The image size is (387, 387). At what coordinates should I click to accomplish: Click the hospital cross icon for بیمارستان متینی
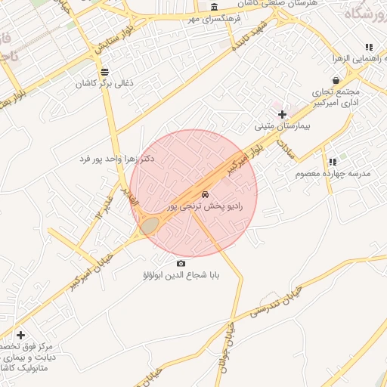pyautogui.click(x=283, y=114)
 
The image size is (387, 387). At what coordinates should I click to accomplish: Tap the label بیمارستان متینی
pyautogui.click(x=290, y=127)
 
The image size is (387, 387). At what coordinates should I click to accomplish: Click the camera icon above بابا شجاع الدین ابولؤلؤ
pyautogui.click(x=181, y=263)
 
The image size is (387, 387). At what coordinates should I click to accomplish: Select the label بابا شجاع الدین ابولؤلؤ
pyautogui.click(x=181, y=276)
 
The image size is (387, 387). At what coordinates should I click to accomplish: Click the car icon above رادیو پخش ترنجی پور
pyautogui.click(x=206, y=193)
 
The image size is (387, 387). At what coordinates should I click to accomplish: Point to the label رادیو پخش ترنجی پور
pyautogui.click(x=205, y=206)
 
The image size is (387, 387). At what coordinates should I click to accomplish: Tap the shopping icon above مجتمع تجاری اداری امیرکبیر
pyautogui.click(x=336, y=79)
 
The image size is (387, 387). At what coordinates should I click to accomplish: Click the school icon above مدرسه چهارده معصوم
pyautogui.click(x=333, y=161)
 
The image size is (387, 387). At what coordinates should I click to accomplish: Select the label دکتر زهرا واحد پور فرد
pyautogui.click(x=116, y=159)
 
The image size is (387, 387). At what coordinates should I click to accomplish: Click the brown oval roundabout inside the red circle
pyautogui.click(x=150, y=224)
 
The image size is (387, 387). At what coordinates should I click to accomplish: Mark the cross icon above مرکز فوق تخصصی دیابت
pyautogui.click(x=20, y=335)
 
